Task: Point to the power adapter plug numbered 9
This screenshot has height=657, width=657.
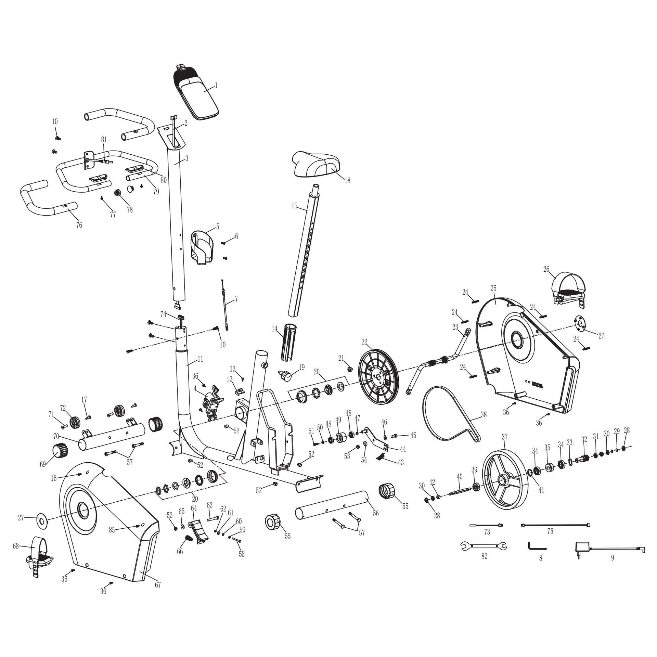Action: tap(582, 546)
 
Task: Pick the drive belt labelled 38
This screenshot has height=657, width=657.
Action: tap(448, 416)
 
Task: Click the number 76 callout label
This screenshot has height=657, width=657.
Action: tap(79, 225)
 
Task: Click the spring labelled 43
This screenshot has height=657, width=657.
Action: tap(383, 458)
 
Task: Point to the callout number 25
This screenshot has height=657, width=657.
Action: tap(493, 288)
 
